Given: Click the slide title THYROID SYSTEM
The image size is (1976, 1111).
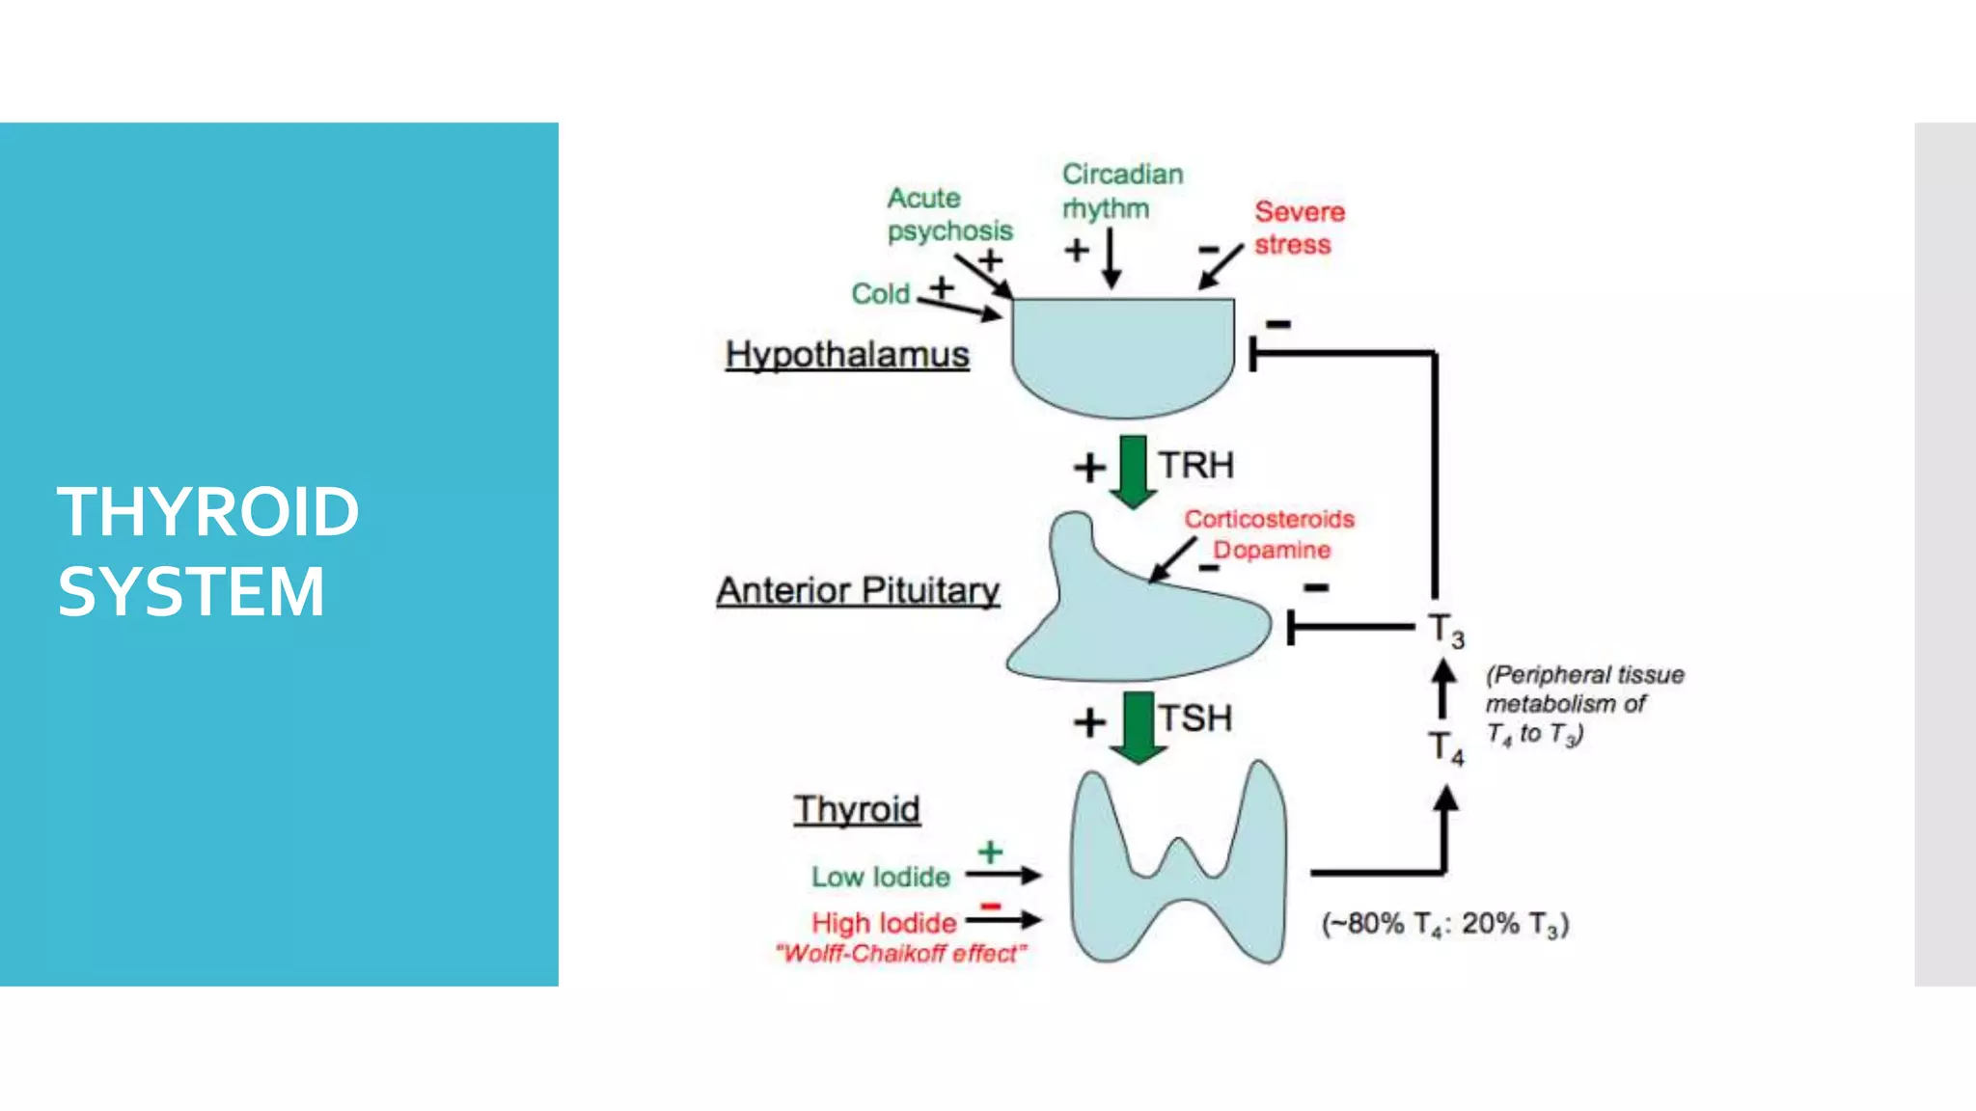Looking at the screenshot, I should tap(207, 551).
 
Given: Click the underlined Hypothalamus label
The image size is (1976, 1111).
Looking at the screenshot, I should tap(847, 355).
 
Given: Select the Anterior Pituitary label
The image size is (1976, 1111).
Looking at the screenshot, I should tap(858, 590).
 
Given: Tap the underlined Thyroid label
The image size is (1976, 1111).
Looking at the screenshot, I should tap(857, 809).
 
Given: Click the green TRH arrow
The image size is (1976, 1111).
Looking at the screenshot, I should tap(1133, 471).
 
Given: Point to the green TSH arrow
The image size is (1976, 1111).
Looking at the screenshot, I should tap(1139, 726).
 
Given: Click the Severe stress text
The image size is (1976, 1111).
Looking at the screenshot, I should tap(1298, 228).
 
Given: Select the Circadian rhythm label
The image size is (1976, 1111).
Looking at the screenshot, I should tap(1121, 191).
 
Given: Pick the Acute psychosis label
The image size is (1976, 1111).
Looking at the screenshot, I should tap(949, 214).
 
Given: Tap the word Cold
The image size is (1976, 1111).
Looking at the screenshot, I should tap(880, 293).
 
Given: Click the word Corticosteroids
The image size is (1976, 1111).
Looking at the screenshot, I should tap(1269, 519).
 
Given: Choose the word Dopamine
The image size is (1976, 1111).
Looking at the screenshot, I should tap(1272, 550).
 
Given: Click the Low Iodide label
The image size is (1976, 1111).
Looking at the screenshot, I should tap(880, 877).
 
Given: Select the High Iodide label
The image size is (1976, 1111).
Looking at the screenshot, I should tap(883, 923).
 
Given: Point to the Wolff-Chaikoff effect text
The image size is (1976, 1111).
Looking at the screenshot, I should tap(900, 954).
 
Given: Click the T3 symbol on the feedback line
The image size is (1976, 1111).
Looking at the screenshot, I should tap(1445, 631).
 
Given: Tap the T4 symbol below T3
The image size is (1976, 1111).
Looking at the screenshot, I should tap(1445, 747).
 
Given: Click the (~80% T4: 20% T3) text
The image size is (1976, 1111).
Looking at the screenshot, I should tap(1444, 924).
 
